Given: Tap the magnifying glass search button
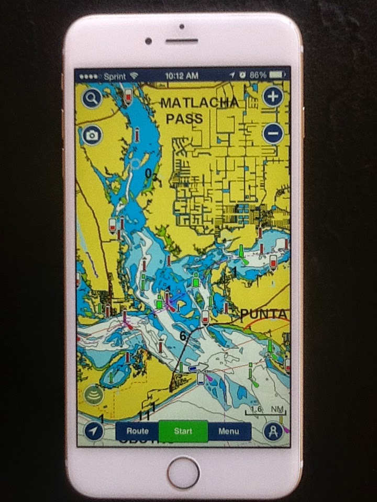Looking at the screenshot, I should coord(91,98).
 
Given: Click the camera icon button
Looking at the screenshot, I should coord(92,135).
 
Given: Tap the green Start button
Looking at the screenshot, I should coord(183,431).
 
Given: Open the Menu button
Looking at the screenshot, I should coord(229,431).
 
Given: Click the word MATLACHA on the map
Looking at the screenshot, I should coord(198,102).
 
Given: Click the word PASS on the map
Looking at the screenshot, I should coord(184,119).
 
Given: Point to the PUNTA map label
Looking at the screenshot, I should coord(264,314).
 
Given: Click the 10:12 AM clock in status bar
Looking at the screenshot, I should coord(182,75).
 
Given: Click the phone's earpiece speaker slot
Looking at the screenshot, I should coord(182,41).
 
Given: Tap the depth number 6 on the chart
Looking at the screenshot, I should coord(183,336).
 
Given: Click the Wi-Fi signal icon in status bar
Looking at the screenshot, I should coord(134,75).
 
